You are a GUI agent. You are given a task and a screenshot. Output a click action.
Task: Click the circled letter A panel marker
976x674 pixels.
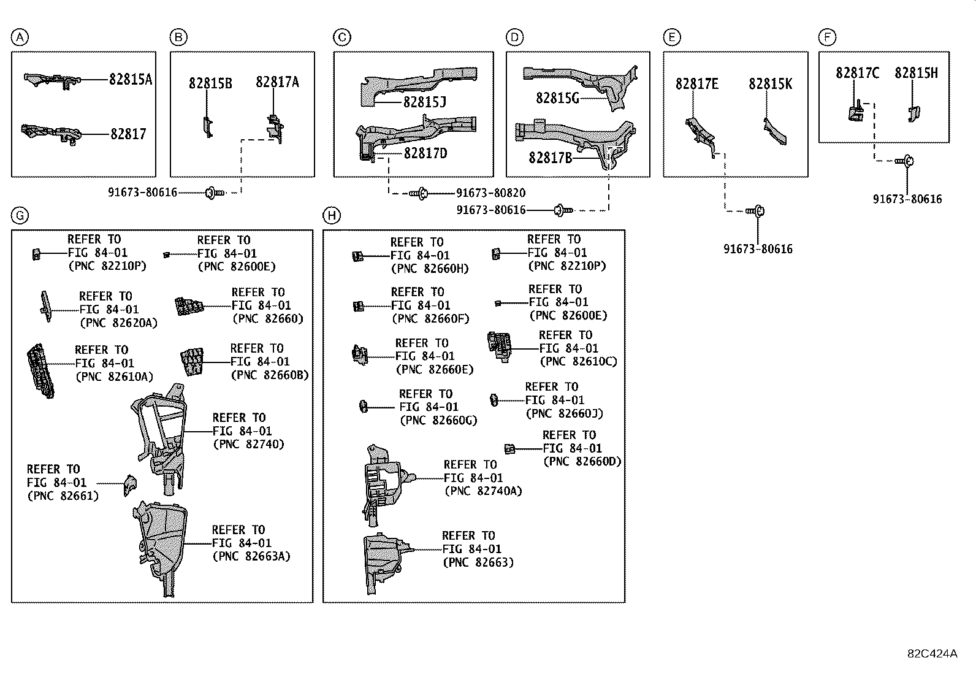tap(20, 38)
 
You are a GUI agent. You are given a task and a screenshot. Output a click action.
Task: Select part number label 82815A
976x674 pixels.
tap(131, 79)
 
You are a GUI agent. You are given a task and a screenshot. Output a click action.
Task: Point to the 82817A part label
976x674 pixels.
tap(277, 82)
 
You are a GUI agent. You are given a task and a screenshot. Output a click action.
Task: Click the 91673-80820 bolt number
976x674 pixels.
tap(490, 193)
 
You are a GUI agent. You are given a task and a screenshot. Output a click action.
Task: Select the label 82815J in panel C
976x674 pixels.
tap(424, 102)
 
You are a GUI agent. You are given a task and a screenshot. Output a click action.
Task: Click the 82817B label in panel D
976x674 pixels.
tap(550, 158)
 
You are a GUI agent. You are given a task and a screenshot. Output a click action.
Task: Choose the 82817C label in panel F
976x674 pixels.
tap(857, 73)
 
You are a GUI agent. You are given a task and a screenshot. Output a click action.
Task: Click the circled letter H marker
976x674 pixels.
tap(332, 215)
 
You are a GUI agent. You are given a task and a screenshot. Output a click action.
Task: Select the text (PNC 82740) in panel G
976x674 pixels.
tap(248, 444)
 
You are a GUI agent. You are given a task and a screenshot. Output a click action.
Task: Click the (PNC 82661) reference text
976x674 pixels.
tap(63, 496)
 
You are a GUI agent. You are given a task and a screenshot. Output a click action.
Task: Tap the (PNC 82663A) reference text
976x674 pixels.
tap(251, 556)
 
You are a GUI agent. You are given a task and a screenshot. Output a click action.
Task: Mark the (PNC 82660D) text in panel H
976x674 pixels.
tap(582, 461)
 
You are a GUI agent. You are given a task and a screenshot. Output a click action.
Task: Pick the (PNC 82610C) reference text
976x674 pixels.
tap(578, 361)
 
